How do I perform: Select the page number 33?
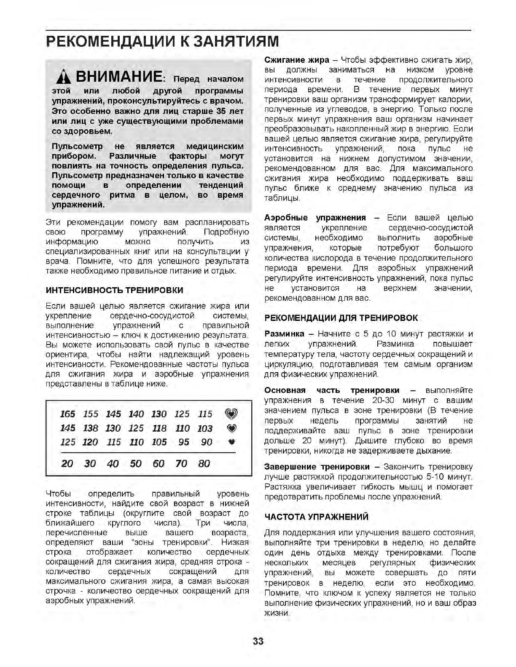[x=258, y=641]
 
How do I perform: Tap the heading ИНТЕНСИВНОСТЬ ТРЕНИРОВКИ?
[x=114, y=290]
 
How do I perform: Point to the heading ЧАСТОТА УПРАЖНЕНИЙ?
[x=316, y=517]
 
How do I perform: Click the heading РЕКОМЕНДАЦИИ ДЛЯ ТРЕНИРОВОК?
[x=341, y=318]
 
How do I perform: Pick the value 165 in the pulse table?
[x=67, y=414]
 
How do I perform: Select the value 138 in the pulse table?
[x=90, y=428]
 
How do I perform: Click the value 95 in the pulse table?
[x=183, y=442]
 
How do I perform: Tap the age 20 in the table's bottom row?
[x=67, y=464]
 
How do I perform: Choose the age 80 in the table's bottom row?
[x=204, y=464]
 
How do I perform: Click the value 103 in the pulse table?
[x=205, y=428]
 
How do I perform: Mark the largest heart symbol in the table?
[x=231, y=414]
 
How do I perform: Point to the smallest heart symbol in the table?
[x=231, y=442]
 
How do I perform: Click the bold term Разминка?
[x=284, y=334]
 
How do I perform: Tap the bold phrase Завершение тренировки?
[x=317, y=467]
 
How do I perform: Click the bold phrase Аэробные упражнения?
[x=315, y=218]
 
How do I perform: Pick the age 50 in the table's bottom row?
[x=136, y=464]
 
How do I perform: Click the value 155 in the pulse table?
[x=90, y=414]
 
